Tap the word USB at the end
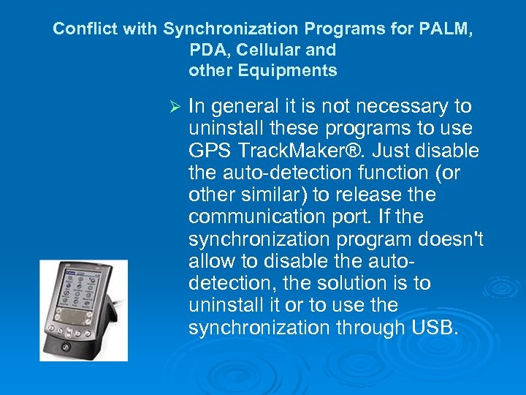click(437, 328)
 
